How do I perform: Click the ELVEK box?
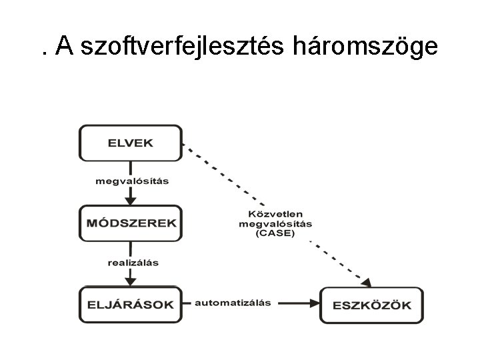tap(130, 143)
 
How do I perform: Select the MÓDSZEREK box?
tap(131, 223)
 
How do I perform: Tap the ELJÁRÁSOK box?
tap(131, 305)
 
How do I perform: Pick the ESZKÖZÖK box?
tap(371, 305)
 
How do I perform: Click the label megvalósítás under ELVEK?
tap(131, 181)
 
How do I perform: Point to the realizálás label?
tap(133, 262)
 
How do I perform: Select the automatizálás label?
tap(232, 302)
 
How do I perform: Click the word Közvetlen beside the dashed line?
tap(275, 213)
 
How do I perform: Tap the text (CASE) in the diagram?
tap(275, 234)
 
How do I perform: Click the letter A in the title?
tap(64, 46)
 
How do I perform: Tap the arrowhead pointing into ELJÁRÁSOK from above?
tap(131, 281)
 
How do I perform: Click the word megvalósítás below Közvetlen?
tap(275, 224)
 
